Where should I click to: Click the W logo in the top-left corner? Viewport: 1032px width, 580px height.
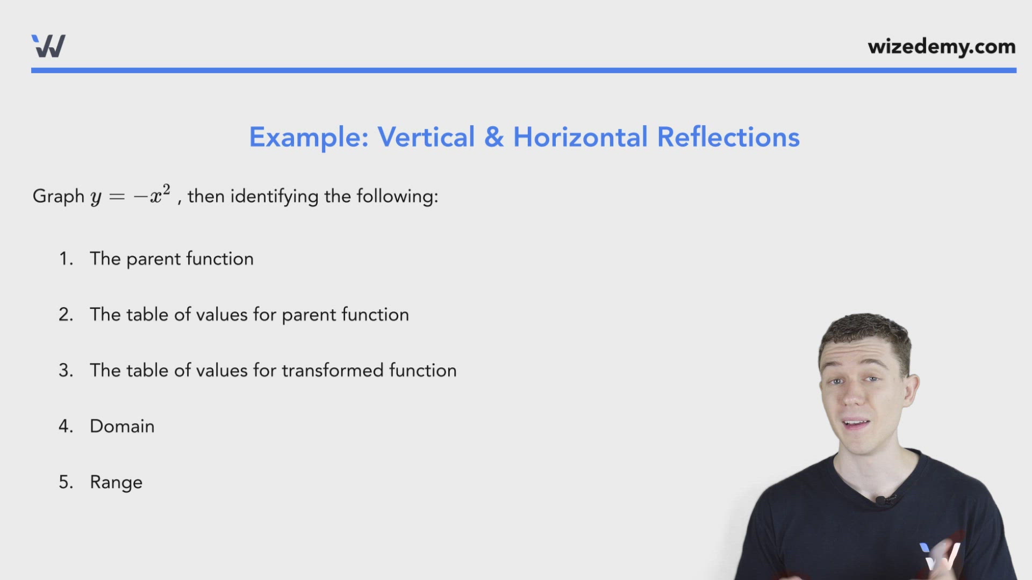point(48,46)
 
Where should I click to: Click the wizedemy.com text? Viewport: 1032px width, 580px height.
point(941,47)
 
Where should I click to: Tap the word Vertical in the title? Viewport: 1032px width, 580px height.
point(426,137)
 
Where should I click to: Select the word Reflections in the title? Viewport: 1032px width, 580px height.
point(728,137)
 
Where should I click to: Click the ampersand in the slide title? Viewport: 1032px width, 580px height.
point(494,137)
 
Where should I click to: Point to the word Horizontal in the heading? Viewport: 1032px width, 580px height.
point(580,137)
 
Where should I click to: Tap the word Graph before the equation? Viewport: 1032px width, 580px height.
point(58,196)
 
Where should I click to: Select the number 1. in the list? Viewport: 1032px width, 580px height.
point(66,259)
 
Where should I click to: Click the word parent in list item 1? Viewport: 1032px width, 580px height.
point(153,259)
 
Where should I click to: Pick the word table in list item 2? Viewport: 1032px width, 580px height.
point(147,315)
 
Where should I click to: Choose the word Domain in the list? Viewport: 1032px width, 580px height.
point(122,426)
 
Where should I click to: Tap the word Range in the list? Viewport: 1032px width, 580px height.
point(116,482)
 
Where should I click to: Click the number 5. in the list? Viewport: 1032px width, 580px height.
point(66,482)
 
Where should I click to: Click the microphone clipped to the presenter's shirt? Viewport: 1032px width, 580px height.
point(881,501)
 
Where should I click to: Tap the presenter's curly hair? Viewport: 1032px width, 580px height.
point(865,333)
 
